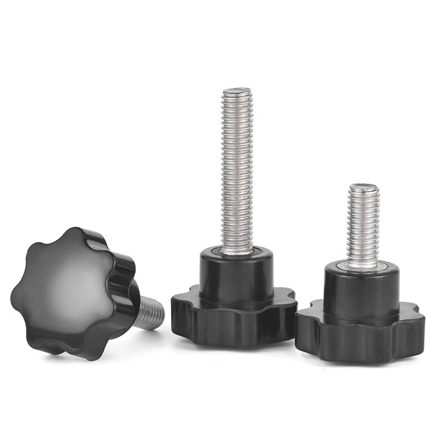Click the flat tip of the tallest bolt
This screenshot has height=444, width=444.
236,90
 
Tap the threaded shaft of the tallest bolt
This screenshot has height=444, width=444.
236,167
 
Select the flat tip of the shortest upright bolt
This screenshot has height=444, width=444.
363,187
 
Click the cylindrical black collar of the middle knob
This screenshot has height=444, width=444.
236,275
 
